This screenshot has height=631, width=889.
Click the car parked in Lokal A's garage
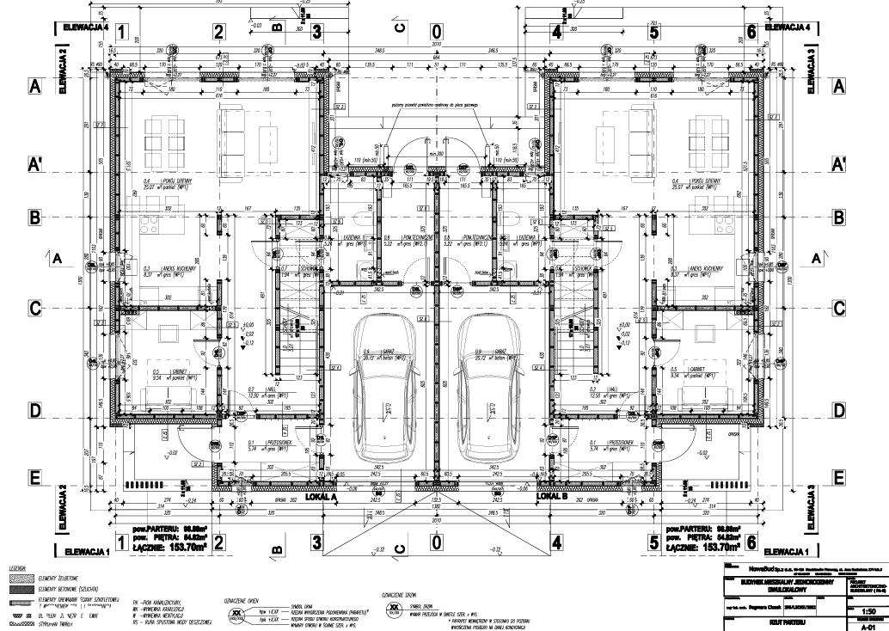pyautogui.click(x=381, y=387)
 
